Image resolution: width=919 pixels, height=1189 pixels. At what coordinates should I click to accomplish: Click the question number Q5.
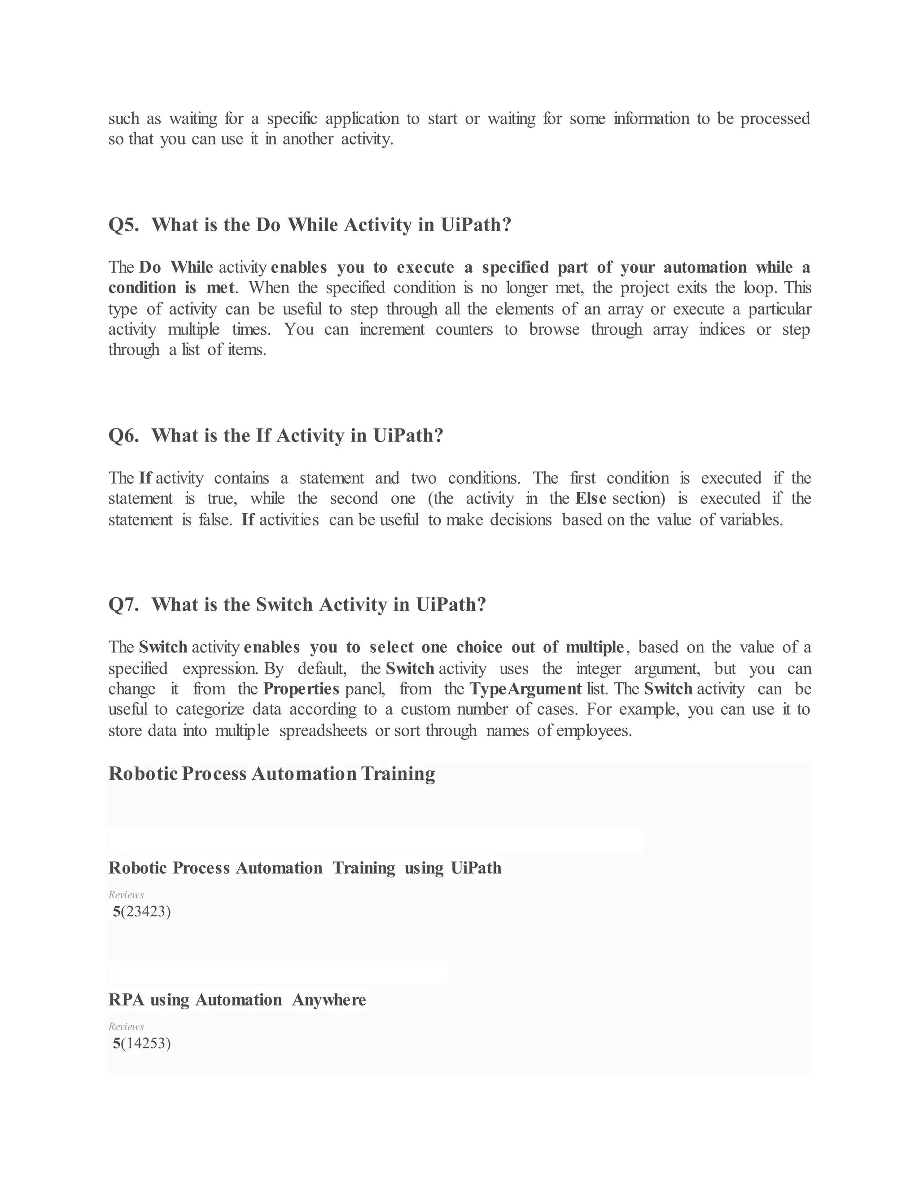tap(123, 225)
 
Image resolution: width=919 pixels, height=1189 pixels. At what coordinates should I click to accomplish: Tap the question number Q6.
tap(123, 436)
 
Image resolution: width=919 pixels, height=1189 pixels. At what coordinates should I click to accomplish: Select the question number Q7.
tap(123, 604)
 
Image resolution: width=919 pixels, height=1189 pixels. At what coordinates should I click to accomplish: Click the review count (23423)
tap(146, 911)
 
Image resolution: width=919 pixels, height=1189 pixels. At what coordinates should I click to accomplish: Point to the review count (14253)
tap(146, 1043)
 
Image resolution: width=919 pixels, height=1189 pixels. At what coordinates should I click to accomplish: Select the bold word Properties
tap(301, 689)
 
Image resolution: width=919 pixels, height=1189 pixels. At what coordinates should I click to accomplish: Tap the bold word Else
tap(591, 498)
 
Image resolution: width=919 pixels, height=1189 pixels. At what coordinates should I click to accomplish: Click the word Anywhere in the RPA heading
tap(329, 1000)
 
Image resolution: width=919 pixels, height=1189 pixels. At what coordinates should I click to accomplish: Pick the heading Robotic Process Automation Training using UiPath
tap(305, 868)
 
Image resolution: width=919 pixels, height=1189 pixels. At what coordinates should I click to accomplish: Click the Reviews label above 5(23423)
tap(126, 895)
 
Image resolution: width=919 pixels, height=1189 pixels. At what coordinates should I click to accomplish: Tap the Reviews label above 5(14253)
tap(126, 1027)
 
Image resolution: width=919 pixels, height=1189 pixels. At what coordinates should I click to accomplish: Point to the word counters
tap(464, 329)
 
